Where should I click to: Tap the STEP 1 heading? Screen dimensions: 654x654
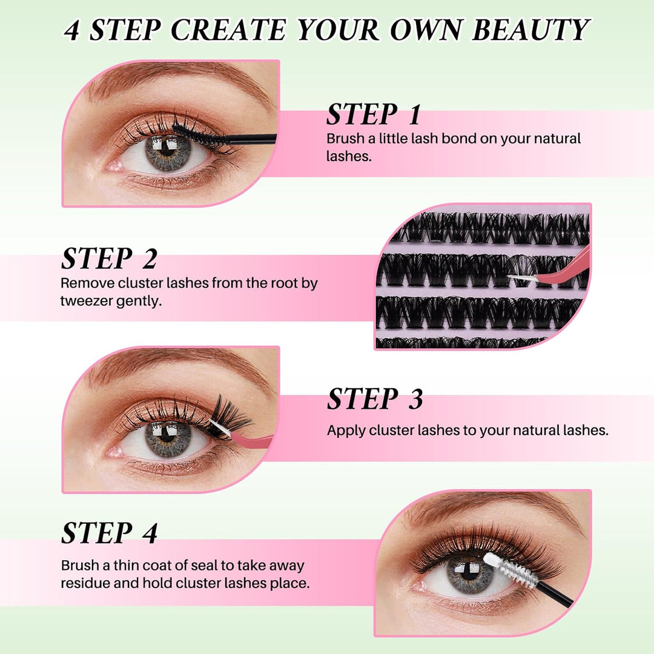373,114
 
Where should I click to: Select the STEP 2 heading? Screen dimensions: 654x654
109,259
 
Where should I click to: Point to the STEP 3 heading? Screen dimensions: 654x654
375,399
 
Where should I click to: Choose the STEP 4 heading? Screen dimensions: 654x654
109,532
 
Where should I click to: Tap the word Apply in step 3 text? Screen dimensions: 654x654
346,431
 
